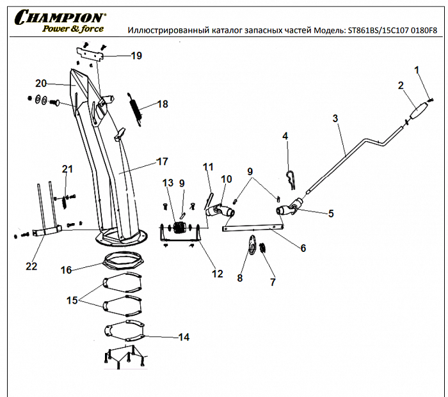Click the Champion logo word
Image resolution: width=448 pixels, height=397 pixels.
point(61,17)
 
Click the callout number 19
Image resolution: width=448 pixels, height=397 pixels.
point(136,56)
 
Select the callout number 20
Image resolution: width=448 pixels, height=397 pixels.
point(41,83)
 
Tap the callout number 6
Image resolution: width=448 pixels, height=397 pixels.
point(303,247)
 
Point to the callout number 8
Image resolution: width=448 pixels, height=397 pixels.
point(240,278)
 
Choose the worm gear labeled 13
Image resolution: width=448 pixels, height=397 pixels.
point(180,229)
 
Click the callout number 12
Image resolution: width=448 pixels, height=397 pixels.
point(217,274)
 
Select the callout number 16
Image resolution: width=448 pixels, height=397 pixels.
point(66,270)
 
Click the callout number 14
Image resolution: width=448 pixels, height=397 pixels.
point(184,337)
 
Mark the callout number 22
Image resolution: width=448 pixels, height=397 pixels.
point(31,266)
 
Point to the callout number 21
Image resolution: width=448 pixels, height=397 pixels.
point(67,169)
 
